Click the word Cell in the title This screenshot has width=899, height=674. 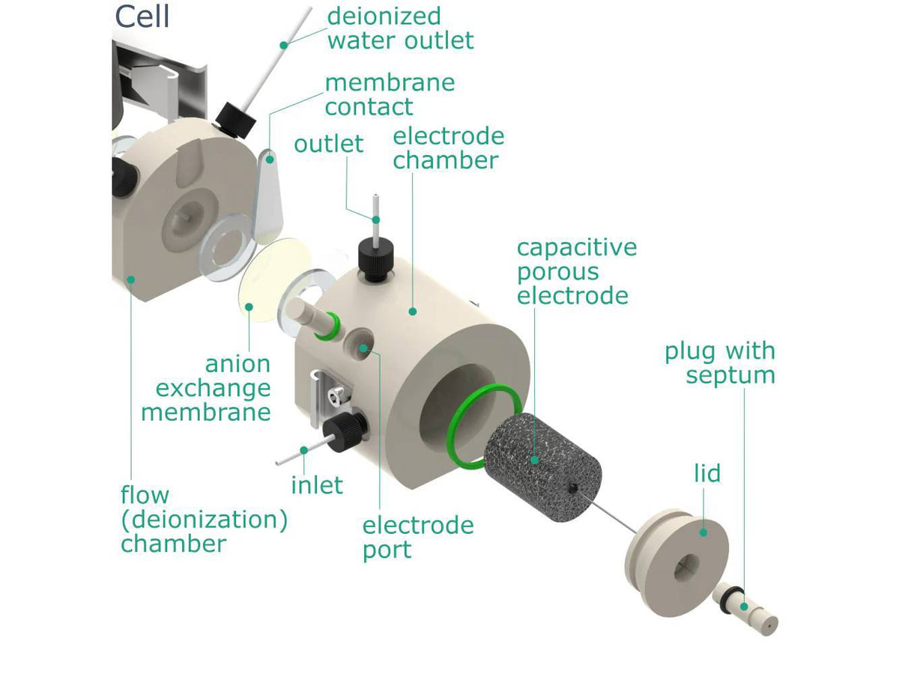pyautogui.click(x=142, y=16)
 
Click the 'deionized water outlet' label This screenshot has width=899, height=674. pyautogui.click(x=400, y=28)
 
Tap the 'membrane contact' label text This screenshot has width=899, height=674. pyautogui.click(x=389, y=94)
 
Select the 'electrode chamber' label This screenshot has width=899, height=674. pyautogui.click(x=448, y=148)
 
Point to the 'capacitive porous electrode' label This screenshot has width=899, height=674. pyautogui.click(x=576, y=271)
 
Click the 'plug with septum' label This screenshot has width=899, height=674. pyautogui.click(x=719, y=362)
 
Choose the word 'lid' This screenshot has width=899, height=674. pyautogui.click(x=706, y=473)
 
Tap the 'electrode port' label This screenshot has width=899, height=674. pyautogui.click(x=417, y=537)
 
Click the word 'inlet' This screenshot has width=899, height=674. pyautogui.click(x=317, y=485)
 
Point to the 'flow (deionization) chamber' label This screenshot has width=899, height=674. pyautogui.click(x=204, y=519)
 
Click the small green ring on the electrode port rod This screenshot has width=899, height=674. pyautogui.click(x=329, y=327)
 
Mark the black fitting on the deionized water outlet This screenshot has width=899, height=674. pyautogui.click(x=234, y=121)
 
